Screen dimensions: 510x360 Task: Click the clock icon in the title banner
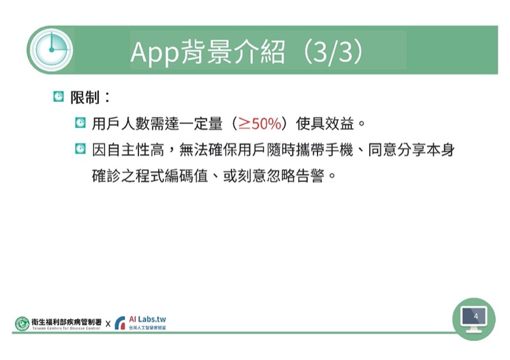51,50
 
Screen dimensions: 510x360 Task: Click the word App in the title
154,52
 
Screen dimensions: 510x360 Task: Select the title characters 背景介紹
233,52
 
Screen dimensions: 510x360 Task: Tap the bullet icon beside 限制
59,97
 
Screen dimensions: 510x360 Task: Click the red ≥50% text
259,124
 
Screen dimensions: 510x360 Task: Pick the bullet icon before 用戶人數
80,122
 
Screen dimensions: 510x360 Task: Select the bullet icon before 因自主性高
80,148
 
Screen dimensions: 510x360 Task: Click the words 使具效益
325,124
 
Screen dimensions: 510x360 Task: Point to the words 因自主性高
128,150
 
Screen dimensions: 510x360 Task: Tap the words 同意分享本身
411,150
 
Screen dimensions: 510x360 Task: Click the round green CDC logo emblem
22,324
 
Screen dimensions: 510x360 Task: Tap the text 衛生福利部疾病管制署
67,322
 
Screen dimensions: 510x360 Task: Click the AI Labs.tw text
147,319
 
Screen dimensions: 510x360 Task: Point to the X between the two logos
108,324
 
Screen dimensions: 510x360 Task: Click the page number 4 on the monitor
476,316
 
